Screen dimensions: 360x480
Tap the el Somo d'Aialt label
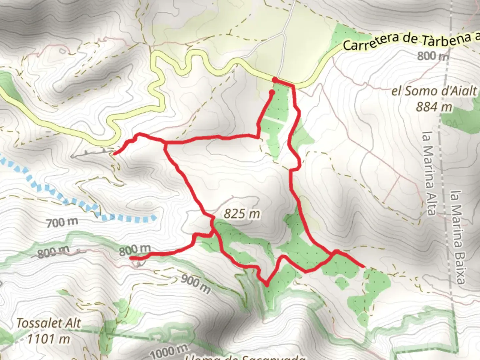(x=434, y=91)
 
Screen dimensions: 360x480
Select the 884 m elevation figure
(x=434, y=107)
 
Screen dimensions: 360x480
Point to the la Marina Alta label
(x=429, y=173)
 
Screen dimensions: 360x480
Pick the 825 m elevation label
(x=242, y=214)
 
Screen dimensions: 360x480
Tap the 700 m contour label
(x=62, y=222)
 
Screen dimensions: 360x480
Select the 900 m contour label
(x=196, y=284)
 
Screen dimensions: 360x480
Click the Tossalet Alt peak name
(x=49, y=323)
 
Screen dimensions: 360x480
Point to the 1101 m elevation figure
(x=49, y=339)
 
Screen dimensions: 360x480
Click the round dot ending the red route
(x=272, y=92)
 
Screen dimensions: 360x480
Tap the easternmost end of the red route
(x=362, y=266)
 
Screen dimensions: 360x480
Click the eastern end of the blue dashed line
(x=154, y=218)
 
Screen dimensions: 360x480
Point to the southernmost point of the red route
(x=267, y=285)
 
